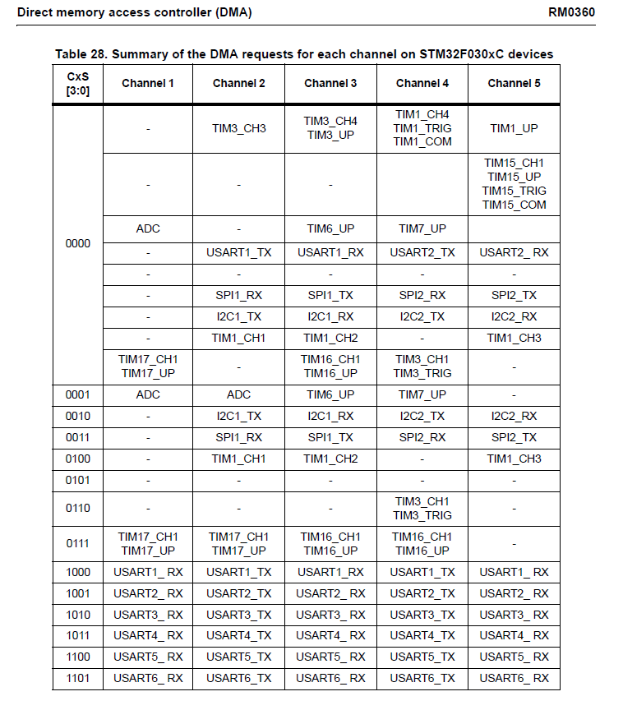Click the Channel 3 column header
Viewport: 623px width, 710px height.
click(330, 83)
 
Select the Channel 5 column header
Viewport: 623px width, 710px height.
click(514, 83)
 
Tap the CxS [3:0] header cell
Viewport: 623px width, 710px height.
click(77, 83)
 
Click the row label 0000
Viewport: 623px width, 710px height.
click(77, 244)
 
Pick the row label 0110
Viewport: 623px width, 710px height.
click(77, 508)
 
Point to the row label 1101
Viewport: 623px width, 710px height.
click(77, 678)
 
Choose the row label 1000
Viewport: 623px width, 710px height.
click(77, 572)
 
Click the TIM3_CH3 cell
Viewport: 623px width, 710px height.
click(238, 128)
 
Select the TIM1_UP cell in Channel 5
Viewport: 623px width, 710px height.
click(514, 128)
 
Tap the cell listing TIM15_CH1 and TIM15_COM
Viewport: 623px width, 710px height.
click(514, 184)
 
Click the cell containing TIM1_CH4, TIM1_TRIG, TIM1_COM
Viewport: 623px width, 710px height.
click(422, 128)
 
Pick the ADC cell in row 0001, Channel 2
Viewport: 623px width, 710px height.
click(238, 394)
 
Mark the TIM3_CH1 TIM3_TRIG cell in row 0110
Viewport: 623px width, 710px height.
click(422, 508)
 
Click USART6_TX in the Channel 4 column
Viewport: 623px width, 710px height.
click(422, 678)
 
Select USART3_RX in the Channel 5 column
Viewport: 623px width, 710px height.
click(514, 615)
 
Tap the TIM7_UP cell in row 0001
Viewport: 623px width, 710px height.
click(422, 394)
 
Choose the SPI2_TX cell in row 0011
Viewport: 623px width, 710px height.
click(514, 437)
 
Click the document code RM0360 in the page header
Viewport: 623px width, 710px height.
click(571, 12)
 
